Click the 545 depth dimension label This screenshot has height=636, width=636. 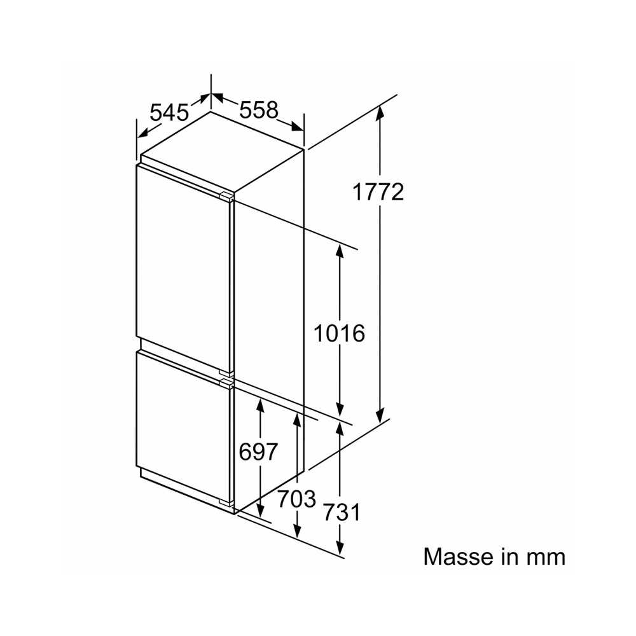(170, 113)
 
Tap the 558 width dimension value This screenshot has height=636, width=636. (259, 109)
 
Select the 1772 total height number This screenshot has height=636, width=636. (378, 192)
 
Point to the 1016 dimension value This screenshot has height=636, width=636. (340, 333)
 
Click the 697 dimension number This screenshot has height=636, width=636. (258, 452)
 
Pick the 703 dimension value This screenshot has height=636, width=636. (296, 499)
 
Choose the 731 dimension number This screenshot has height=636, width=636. (341, 512)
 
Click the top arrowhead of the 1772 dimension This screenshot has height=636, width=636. (380, 112)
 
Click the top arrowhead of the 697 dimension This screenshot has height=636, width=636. (260, 406)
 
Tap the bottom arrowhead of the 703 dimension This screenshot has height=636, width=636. (297, 531)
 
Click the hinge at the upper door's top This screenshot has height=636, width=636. (227, 197)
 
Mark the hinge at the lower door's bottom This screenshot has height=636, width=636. (227, 502)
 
